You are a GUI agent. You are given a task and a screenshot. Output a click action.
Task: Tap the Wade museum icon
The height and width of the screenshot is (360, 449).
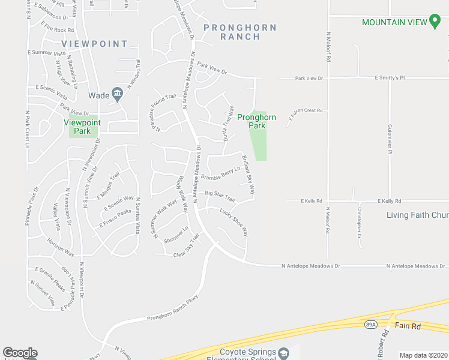coord(117,94)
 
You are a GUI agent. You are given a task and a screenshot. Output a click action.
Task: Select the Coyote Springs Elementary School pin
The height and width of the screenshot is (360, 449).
coord(284,352)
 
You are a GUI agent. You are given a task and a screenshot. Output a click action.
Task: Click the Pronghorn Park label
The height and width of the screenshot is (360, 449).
coord(256,121)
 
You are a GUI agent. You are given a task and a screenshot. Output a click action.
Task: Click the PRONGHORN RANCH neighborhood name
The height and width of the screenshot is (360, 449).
coord(240,32)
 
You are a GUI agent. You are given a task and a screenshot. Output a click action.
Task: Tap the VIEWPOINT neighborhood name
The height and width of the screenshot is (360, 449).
coord(95,44)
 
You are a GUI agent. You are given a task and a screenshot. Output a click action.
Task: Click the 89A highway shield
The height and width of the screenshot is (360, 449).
coord(371,325)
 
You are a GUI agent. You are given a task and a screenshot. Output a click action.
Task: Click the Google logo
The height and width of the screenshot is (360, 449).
coord(20,353)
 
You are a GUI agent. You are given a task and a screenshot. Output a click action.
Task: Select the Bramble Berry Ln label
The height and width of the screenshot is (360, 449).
coord(220,173)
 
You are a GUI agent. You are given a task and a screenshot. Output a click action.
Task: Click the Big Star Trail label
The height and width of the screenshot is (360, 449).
coord(220,196)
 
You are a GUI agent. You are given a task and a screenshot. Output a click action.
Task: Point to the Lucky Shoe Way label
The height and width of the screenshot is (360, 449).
coord(234,222)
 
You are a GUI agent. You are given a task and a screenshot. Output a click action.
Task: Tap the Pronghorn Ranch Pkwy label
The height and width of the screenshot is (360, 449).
coord(172,316)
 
